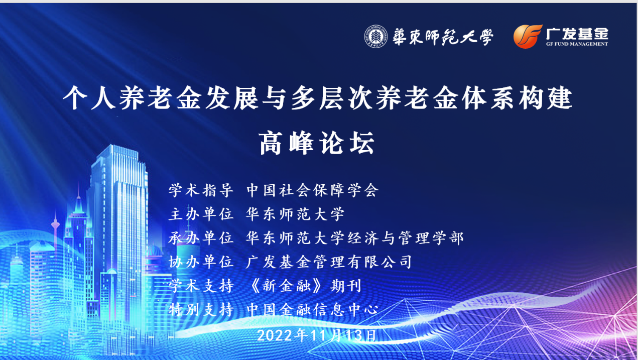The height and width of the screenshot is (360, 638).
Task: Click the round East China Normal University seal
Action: point(376,37)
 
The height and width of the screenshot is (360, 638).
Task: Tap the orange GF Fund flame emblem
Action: point(528,37)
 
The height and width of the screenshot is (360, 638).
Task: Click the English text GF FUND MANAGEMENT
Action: point(577,44)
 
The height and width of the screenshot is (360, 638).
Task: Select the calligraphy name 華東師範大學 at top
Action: point(443,37)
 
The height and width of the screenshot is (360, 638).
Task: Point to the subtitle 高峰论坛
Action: point(317,143)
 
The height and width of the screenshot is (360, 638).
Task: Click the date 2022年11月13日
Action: point(317,335)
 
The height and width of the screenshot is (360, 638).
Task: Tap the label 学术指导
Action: point(201,190)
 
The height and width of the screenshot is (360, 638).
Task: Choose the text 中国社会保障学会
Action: point(313,190)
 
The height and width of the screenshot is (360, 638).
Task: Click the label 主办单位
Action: point(201,214)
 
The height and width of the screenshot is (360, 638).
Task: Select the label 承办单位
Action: point(201,238)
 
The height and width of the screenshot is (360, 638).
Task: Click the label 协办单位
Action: point(201,262)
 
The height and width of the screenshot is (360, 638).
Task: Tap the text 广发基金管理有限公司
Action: point(329,262)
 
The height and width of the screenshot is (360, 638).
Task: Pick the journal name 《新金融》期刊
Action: point(305,286)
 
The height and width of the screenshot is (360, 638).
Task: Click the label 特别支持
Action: point(201,310)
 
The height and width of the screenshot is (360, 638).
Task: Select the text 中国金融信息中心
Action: point(313,310)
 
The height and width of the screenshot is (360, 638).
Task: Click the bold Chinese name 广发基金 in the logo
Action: point(577,34)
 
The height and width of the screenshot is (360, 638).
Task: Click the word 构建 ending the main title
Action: point(546,98)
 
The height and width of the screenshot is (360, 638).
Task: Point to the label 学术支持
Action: point(201,286)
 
